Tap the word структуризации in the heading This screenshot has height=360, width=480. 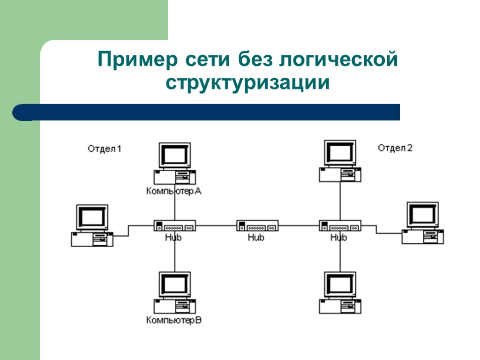point(247,83)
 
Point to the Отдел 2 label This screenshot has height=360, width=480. point(395,148)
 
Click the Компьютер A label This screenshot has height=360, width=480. point(173,191)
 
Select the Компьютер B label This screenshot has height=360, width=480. point(174,321)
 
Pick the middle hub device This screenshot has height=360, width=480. point(257,226)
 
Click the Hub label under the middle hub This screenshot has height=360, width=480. point(256,238)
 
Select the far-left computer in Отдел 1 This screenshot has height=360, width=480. point(92,225)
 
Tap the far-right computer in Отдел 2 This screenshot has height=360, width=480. point(423,223)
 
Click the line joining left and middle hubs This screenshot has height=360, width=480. point(216,225)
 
